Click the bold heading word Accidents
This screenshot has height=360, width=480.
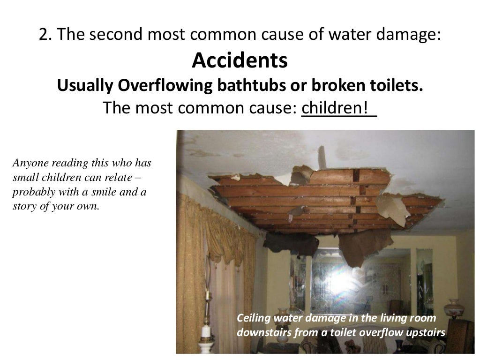240,60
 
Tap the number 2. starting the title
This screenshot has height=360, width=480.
45,35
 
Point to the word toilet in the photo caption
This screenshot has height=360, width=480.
360,333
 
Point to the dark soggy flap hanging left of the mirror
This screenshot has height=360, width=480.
291,244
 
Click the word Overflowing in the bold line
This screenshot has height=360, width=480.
159,86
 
